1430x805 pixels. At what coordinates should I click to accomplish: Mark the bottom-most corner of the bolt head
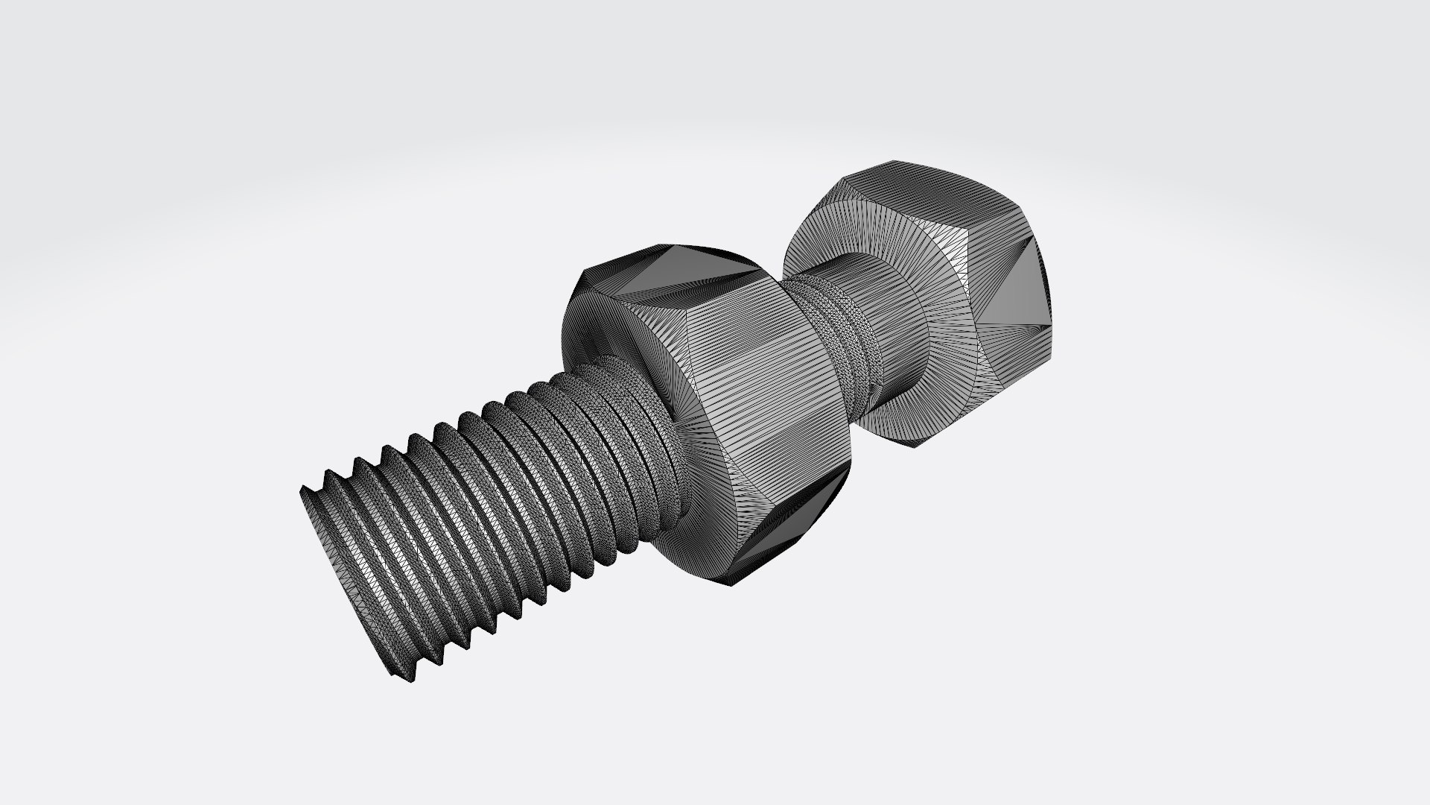(916, 447)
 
